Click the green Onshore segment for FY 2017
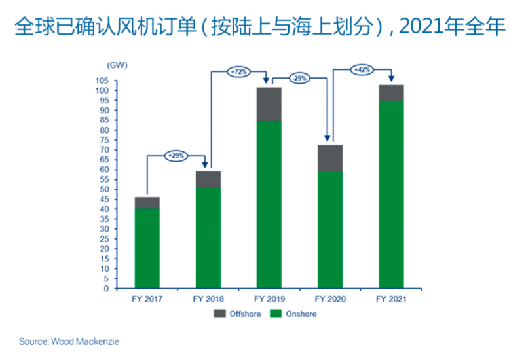pos(147,248)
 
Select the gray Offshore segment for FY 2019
pos(269,104)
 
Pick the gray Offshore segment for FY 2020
pos(330,158)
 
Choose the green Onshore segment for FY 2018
pos(208,238)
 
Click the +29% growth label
pos(176,156)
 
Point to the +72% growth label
pos(238,71)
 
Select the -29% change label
pos(299,79)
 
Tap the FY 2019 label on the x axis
pos(269,299)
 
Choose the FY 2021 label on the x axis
pos(391,299)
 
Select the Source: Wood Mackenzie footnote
pos(69,342)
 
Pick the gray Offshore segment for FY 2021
pos(391,93)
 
